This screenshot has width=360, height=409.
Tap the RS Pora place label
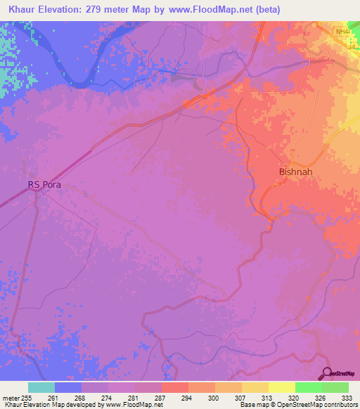44,185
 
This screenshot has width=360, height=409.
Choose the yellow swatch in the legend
281,387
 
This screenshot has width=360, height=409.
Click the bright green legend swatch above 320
308,387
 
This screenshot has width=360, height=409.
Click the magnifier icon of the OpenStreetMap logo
326,373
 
